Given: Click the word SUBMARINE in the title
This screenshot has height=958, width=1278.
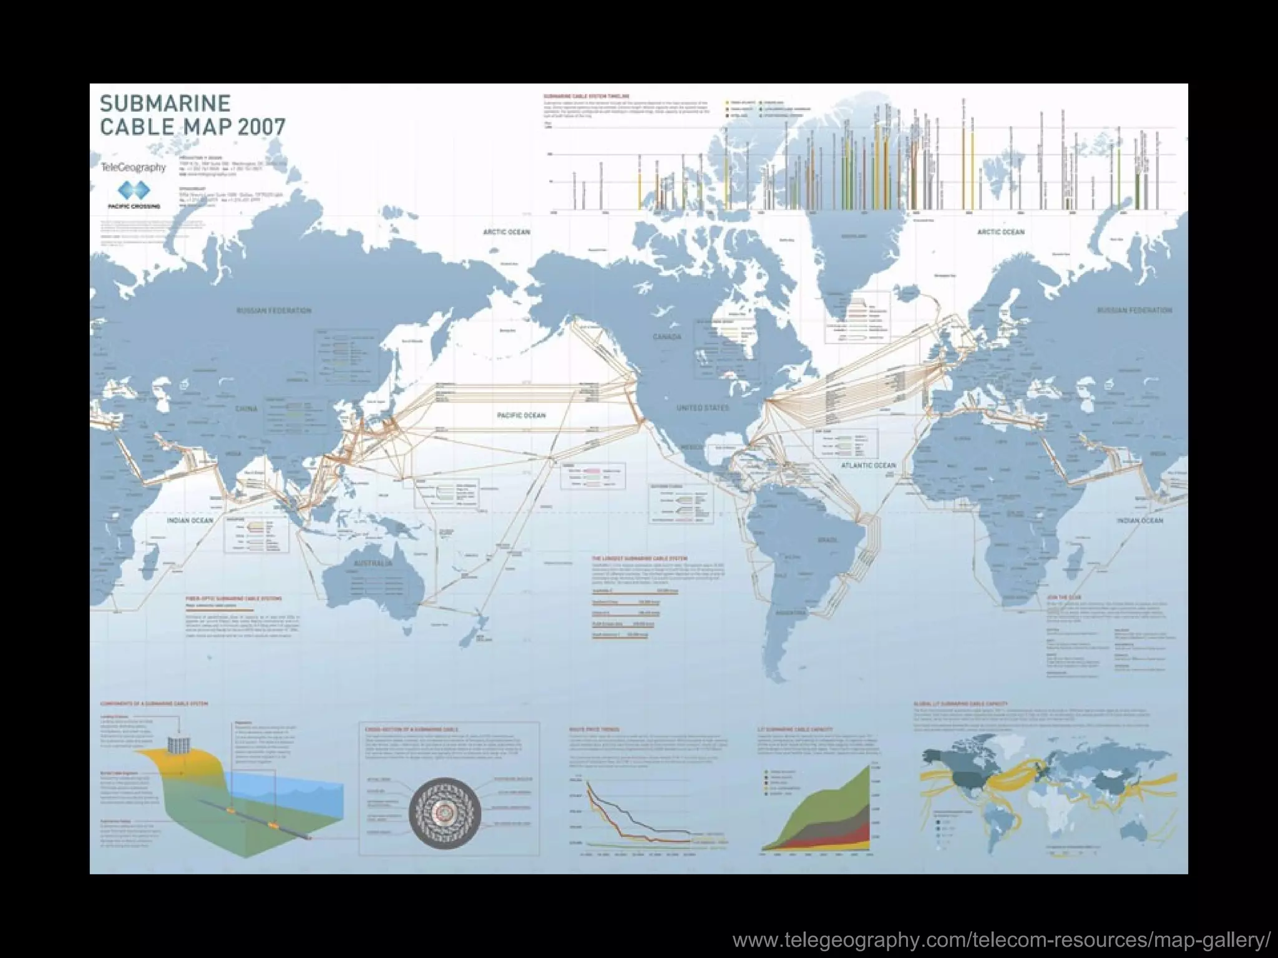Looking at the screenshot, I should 165,103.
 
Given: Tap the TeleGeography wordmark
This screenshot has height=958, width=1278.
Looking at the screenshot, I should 133,167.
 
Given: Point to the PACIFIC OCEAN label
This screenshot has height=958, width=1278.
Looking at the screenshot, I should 521,415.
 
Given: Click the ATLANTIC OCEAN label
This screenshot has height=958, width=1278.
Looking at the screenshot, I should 868,465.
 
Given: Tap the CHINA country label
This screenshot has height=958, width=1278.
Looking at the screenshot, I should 246,409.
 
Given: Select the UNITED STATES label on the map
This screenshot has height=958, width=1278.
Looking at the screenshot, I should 703,407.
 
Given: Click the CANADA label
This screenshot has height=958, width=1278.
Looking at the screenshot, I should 666,337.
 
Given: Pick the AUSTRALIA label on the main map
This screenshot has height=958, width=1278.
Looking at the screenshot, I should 373,563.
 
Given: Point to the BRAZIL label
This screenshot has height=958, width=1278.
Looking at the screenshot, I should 827,540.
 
